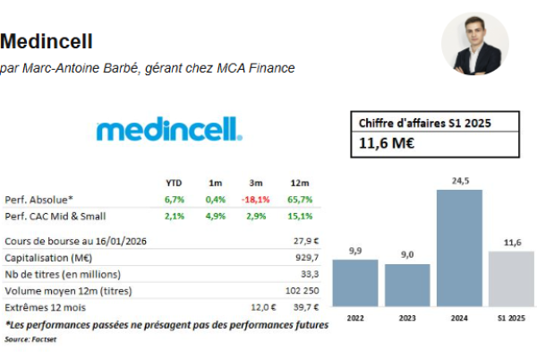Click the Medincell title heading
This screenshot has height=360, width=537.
point(47,41)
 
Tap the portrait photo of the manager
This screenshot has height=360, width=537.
point(475,44)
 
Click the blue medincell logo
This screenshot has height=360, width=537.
point(168,130)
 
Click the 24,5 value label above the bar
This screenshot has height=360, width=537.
point(460,181)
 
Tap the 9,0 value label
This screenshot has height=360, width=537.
point(407,255)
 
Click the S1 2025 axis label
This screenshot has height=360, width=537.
point(511,318)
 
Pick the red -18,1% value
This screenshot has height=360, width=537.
point(257,199)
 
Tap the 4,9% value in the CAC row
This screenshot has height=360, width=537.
point(215,216)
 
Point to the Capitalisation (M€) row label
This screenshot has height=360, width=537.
point(48,257)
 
